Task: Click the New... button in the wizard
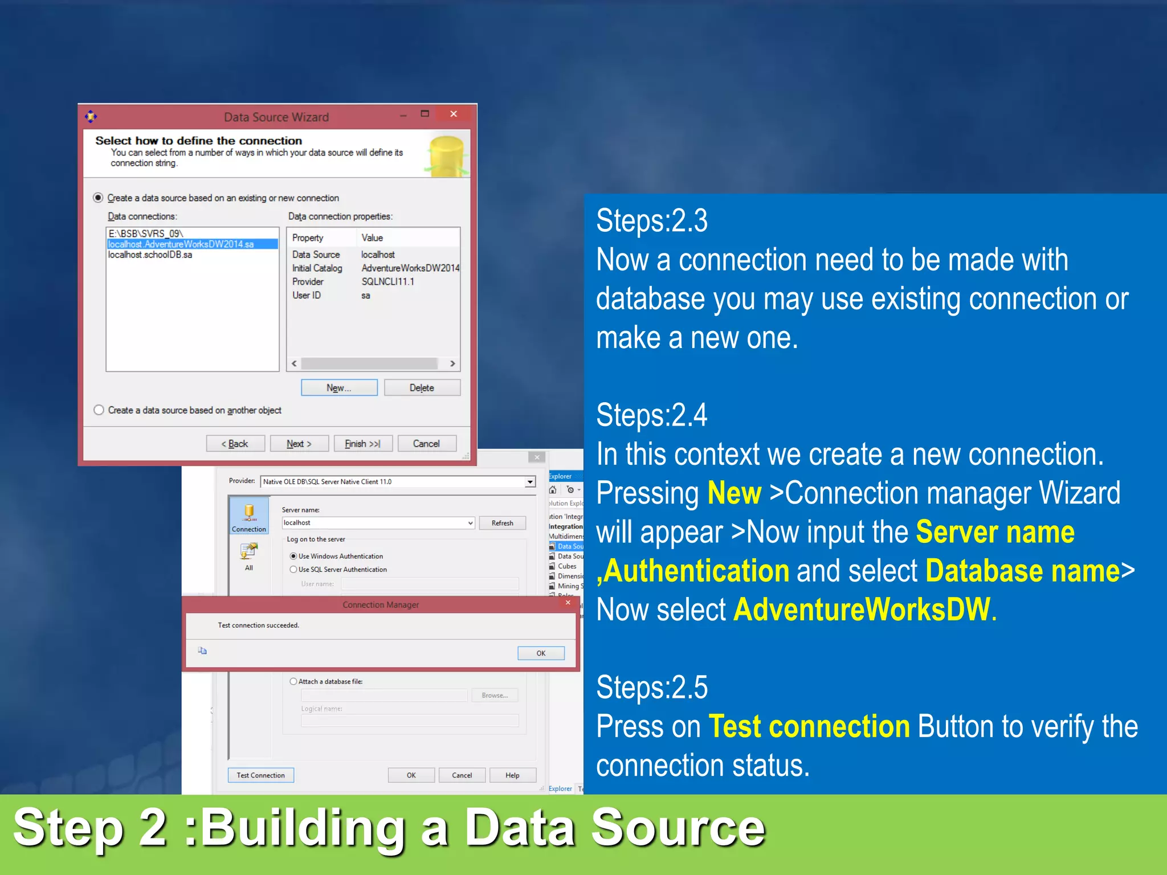[339, 388]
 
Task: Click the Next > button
[299, 444]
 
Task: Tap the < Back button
[235, 444]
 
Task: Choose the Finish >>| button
[362, 444]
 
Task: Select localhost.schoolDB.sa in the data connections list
[150, 255]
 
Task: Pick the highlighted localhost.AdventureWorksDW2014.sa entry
[181, 244]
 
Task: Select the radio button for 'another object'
[99, 410]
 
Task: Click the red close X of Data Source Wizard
[454, 114]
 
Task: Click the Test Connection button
[261, 775]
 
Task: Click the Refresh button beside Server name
[502, 523]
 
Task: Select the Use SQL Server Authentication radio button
[293, 570]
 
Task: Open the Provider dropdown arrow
[530, 482]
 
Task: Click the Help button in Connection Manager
[512, 775]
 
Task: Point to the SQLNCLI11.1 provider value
[388, 282]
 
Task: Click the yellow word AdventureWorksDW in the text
[862, 610]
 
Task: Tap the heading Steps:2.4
[652, 415]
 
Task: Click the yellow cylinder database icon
[447, 155]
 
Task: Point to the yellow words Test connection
[809, 727]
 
